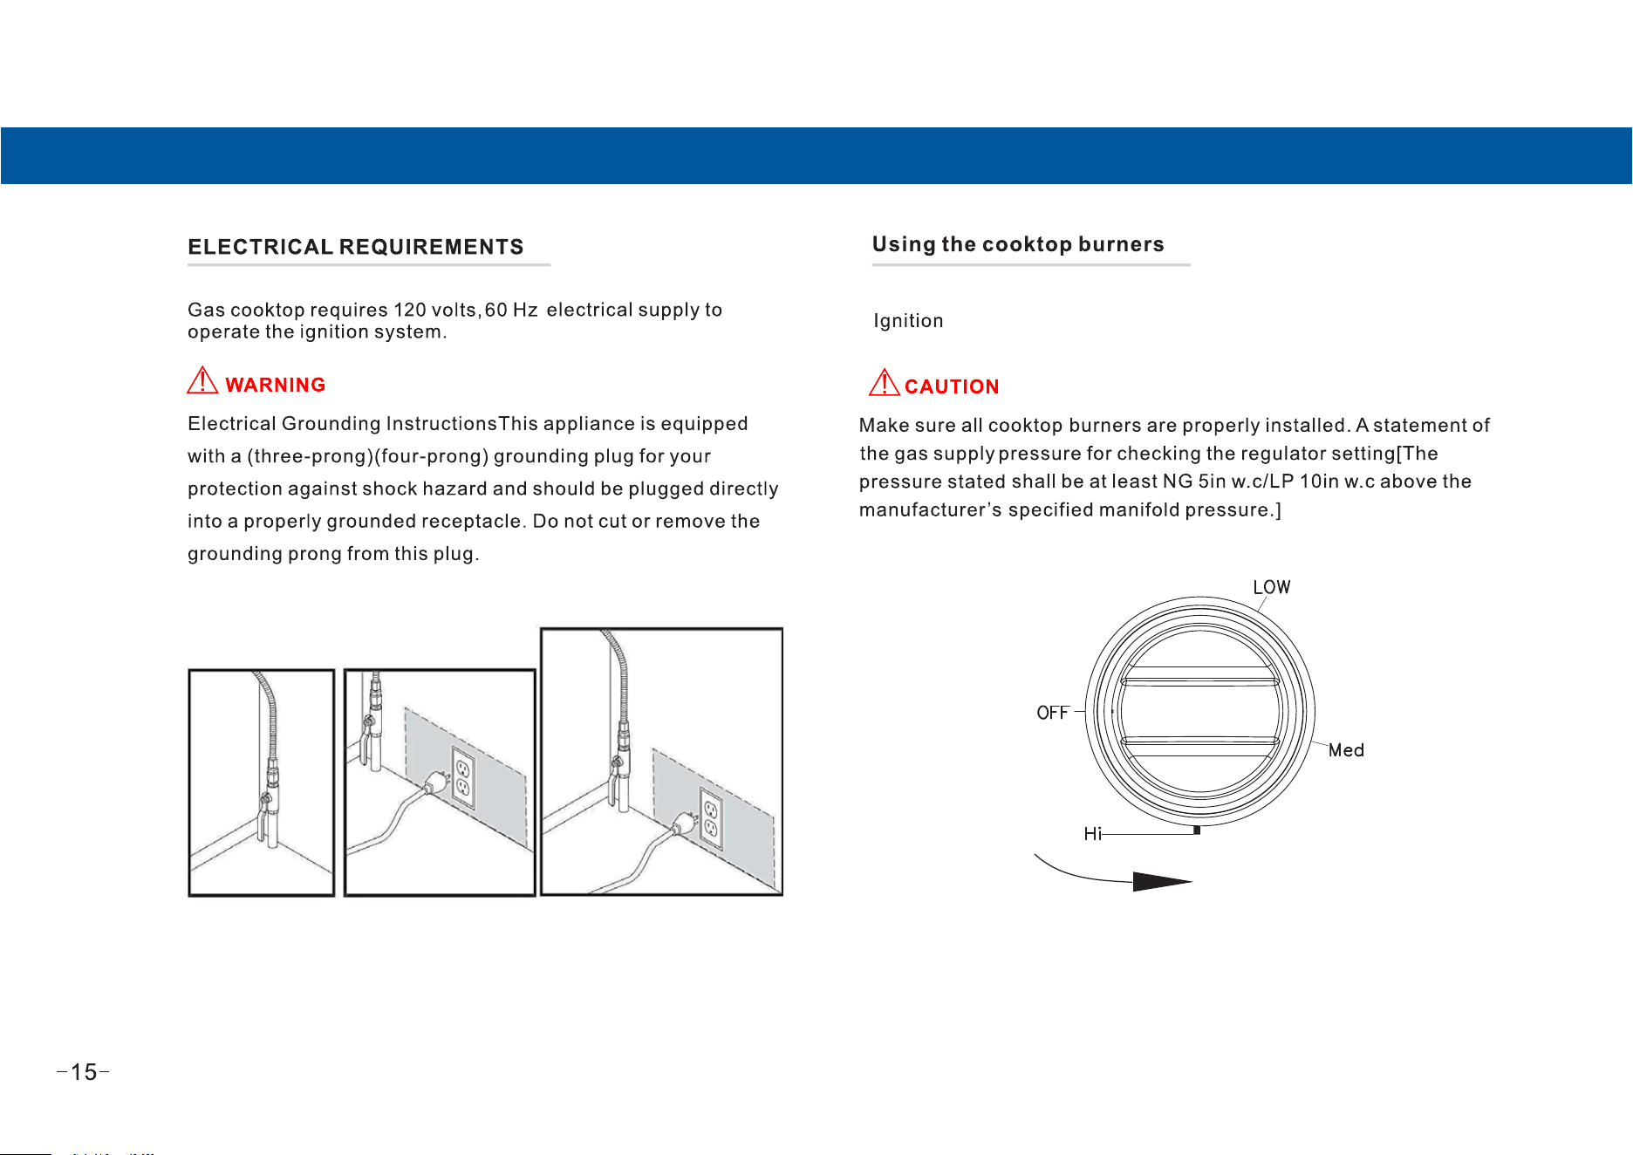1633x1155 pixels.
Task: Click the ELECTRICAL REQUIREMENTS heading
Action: coord(356,247)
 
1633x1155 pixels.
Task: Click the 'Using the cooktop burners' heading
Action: coord(1018,244)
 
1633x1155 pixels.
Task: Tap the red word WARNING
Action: coord(275,385)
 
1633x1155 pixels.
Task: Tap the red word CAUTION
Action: coord(952,386)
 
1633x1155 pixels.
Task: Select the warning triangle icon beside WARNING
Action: coord(202,380)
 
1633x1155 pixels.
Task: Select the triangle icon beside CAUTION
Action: coord(885,382)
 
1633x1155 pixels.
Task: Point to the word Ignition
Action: coord(908,321)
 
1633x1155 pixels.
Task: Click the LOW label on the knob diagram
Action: coord(1272,587)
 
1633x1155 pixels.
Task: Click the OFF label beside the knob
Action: coord(1053,713)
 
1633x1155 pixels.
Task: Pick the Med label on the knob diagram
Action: coord(1346,750)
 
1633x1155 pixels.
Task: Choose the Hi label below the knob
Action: coord(1092,834)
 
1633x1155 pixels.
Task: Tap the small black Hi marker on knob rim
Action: coord(1197,830)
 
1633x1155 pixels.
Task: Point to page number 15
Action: coord(84,1072)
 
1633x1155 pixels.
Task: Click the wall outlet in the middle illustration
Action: coord(463,777)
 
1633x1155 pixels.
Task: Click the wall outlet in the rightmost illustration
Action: coord(711,818)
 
